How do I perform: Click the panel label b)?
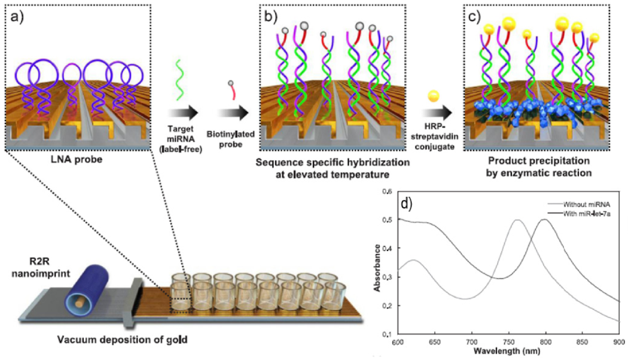tap(269, 13)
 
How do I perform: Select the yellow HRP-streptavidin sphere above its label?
tap(432, 96)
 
